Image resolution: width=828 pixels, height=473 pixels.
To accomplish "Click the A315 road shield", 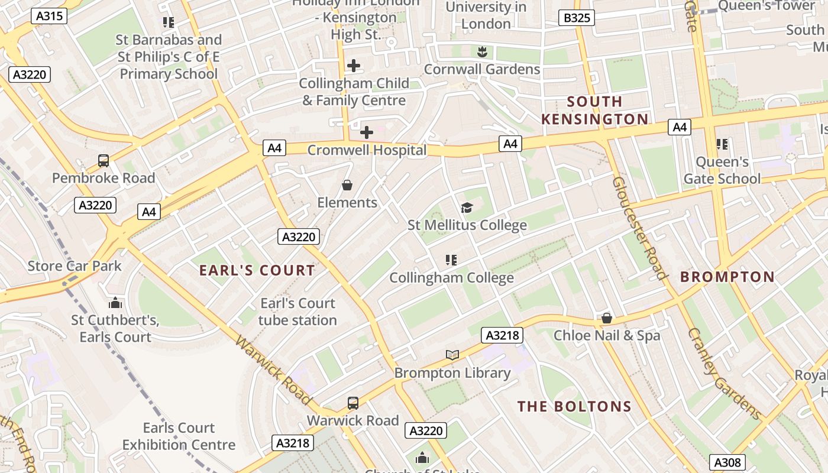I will pyautogui.click(x=49, y=16).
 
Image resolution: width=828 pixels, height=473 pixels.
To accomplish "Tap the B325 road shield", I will pyautogui.click(x=576, y=18).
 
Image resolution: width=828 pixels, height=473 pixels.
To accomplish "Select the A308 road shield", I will pyautogui.click(x=727, y=462).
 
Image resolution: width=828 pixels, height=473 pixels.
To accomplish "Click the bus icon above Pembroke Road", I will pyautogui.click(x=103, y=161).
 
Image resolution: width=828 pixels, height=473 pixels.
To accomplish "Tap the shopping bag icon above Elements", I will pyautogui.click(x=347, y=186).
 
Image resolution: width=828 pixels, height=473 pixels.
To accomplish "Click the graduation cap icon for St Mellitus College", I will pyautogui.click(x=467, y=208).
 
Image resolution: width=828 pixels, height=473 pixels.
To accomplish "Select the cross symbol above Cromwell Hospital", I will pyautogui.click(x=367, y=132).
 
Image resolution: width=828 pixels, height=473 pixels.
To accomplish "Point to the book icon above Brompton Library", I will pyautogui.click(x=452, y=355).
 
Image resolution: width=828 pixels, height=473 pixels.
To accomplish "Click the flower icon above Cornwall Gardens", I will pyautogui.click(x=482, y=52).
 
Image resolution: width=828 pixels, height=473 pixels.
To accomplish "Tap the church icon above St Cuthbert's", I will pyautogui.click(x=115, y=303).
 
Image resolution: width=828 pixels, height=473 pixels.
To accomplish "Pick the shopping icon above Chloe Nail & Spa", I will pyautogui.click(x=607, y=319).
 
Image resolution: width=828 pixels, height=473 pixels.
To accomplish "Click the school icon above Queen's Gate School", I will pyautogui.click(x=722, y=144).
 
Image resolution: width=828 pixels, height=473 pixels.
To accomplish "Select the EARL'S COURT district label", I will pyautogui.click(x=257, y=271).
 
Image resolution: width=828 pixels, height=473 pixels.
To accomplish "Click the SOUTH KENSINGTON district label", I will pyautogui.click(x=595, y=111).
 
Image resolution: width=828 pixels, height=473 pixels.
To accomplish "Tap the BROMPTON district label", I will pyautogui.click(x=727, y=277).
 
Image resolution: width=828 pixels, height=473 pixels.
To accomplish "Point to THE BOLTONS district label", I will pyautogui.click(x=575, y=407).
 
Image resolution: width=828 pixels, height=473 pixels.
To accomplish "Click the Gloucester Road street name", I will pyautogui.click(x=641, y=228).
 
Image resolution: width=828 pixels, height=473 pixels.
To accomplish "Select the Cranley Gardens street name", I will pyautogui.click(x=724, y=374).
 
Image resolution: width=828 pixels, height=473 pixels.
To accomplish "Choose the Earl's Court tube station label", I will pyautogui.click(x=298, y=312).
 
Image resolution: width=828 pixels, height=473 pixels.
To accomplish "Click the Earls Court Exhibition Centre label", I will pyautogui.click(x=179, y=436).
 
